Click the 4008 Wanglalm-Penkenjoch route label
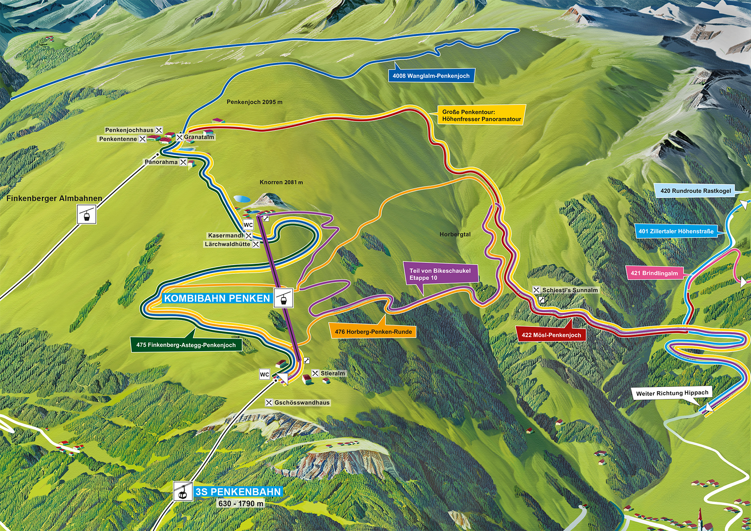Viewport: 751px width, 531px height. (431, 76)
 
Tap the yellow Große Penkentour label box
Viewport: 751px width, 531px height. (481, 116)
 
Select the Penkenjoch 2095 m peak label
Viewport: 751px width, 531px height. (254, 102)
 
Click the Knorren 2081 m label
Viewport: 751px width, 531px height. (281, 182)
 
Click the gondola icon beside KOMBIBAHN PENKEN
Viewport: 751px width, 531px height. (283, 298)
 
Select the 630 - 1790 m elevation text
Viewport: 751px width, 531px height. (241, 504)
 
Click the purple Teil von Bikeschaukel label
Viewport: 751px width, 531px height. (440, 274)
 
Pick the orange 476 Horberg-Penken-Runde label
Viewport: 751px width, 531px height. (373, 331)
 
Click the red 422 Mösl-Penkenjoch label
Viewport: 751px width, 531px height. (551, 335)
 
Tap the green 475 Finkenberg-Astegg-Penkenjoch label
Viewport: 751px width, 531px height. (186, 345)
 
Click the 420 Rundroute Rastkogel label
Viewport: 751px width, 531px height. (695, 191)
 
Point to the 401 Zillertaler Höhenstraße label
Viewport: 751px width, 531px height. (676, 231)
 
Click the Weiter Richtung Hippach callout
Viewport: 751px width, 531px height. (671, 393)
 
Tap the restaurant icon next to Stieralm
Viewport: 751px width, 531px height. (315, 373)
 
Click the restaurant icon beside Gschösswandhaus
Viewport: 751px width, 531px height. (269, 402)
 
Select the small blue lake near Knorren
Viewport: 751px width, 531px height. (241, 199)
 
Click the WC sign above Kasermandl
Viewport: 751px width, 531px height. (248, 225)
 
